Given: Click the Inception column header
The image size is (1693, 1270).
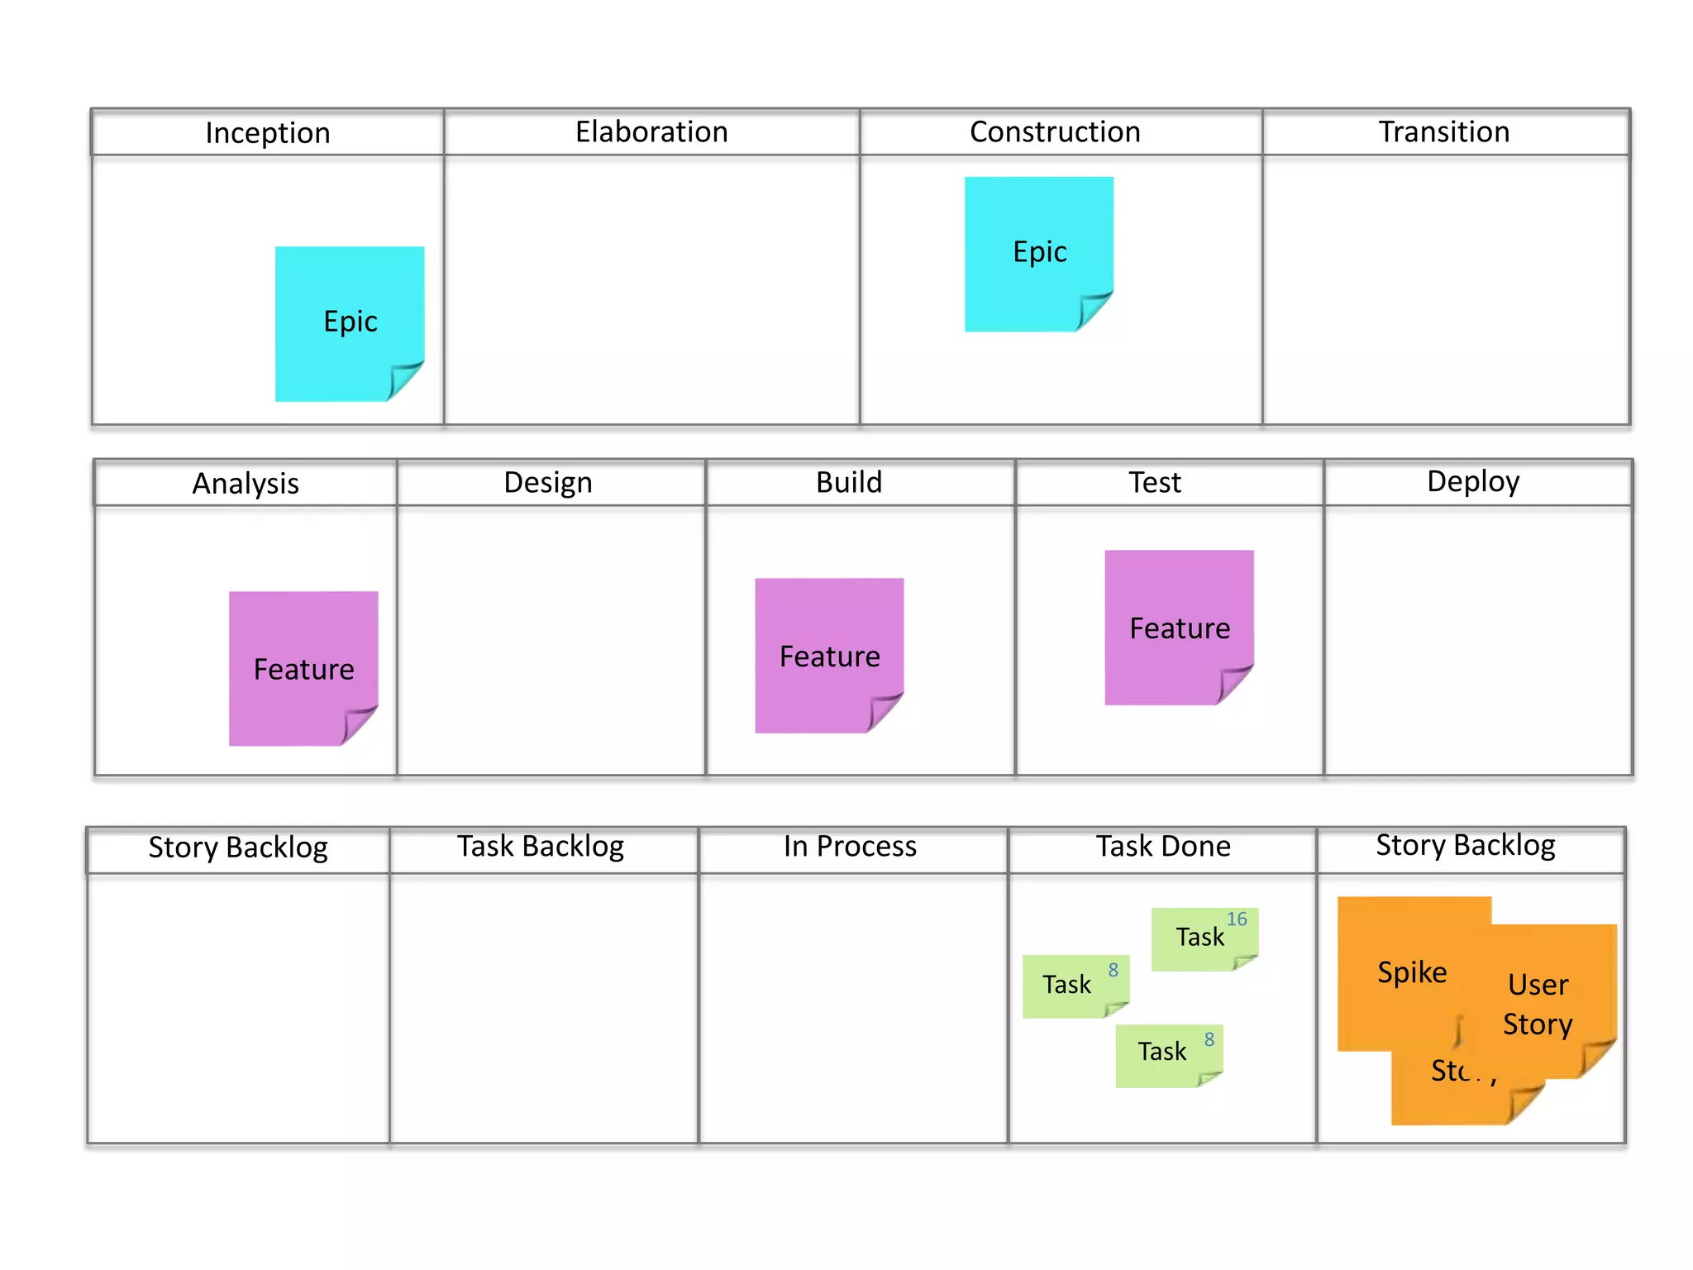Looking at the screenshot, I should pyautogui.click(x=268, y=133).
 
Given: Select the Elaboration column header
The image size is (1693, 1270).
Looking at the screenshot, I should pyautogui.click(x=651, y=132).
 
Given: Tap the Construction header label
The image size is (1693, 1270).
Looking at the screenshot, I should pyautogui.click(x=1055, y=132).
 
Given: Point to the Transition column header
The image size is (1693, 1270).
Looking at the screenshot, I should pyautogui.click(x=1444, y=132).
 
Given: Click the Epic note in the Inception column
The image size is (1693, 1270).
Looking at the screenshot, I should pyautogui.click(x=350, y=322).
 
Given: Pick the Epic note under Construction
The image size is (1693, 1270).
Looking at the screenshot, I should pyautogui.click(x=1039, y=253).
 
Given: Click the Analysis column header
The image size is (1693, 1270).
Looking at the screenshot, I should pyautogui.click(x=246, y=484).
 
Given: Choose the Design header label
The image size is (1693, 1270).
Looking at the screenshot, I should pyautogui.click(x=548, y=483).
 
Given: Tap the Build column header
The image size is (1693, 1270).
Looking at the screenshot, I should pyautogui.click(x=849, y=483).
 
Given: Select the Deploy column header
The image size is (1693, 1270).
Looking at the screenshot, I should pyautogui.click(x=1473, y=482).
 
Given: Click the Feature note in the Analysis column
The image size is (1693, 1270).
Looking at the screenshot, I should pyautogui.click(x=303, y=668).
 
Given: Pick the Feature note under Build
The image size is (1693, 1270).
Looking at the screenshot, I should pyautogui.click(x=829, y=655).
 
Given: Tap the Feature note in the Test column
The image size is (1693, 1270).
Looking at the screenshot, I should pyautogui.click(x=1180, y=628).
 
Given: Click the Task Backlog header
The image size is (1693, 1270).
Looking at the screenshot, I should pyautogui.click(x=541, y=847).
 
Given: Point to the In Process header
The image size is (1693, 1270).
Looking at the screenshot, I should pyautogui.click(x=850, y=847).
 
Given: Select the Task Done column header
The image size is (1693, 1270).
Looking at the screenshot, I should pyautogui.click(x=1163, y=847).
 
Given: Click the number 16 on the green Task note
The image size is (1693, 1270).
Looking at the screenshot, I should pyautogui.click(x=1237, y=919).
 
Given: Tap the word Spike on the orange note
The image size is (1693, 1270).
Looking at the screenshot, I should pyautogui.click(x=1412, y=972).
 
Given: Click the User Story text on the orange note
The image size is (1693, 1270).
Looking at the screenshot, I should pyautogui.click(x=1538, y=1004).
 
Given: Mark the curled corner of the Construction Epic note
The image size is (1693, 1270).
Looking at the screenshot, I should pyautogui.click(x=1094, y=310).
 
